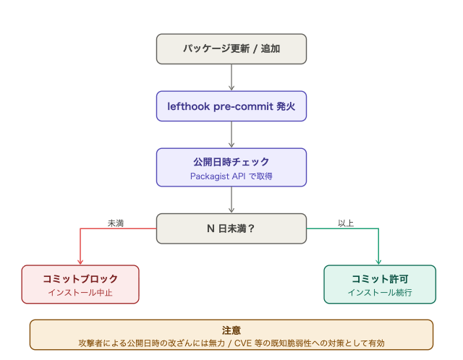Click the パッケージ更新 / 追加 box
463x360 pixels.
point(231,48)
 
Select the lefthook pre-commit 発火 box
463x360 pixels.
point(231,106)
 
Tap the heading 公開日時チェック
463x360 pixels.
point(231,162)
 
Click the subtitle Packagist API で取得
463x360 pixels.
point(231,176)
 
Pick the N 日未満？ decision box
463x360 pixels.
point(231,228)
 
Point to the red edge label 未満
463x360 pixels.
point(116,223)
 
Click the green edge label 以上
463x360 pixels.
point(346,223)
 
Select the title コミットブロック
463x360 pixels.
point(80,279)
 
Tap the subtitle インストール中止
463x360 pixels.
point(80,293)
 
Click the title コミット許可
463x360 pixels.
point(380,279)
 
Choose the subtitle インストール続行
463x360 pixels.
point(380,293)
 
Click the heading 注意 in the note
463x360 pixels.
point(231,330)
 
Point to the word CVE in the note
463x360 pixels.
point(243,343)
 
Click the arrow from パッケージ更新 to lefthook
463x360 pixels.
point(231,77)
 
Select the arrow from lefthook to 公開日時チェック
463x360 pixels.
point(231,134)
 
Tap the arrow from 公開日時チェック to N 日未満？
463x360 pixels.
point(231,200)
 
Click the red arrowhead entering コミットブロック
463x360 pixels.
point(80,262)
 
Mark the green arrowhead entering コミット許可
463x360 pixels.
point(378,262)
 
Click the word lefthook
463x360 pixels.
point(188,106)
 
